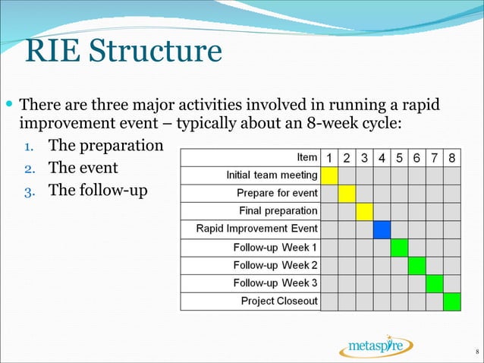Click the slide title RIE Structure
click(123, 52)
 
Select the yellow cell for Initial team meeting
click(329, 175)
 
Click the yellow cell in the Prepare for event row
click(347, 193)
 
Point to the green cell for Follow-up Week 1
click(400, 248)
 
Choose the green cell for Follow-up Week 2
click(417, 266)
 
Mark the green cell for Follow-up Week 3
click(435, 283)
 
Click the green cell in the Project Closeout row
click(452, 301)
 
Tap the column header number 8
click(452, 158)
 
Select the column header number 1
click(329, 158)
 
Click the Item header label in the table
click(306, 157)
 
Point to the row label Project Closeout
click(279, 301)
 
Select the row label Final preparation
click(278, 211)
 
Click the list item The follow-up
click(98, 190)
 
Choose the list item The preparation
click(105, 144)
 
